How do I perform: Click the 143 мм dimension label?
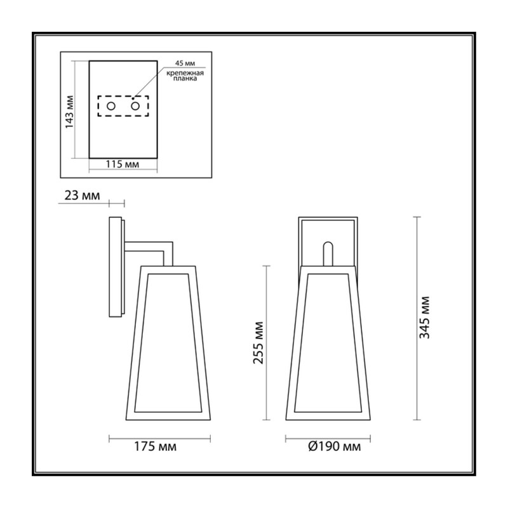(x=70, y=112)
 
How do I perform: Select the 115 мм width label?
(x=123, y=164)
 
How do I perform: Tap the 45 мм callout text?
(x=185, y=63)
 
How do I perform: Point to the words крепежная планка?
(x=185, y=76)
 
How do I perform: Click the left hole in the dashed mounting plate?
(x=111, y=106)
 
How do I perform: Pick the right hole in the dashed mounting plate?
(x=135, y=106)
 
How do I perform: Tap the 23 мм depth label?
(x=83, y=196)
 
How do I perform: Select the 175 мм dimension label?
(x=155, y=447)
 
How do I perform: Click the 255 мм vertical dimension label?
(x=258, y=343)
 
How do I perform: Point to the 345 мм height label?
(x=424, y=317)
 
